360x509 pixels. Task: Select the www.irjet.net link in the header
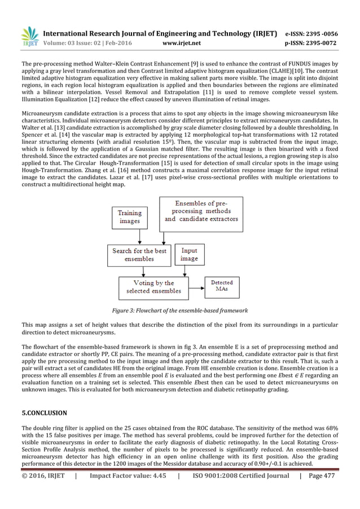[x=179, y=42]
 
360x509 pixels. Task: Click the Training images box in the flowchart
[x=130, y=217]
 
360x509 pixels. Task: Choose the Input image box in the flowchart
[x=190, y=255]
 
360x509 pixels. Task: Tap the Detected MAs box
[x=222, y=286]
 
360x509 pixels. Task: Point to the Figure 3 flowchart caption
[x=179, y=311]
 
